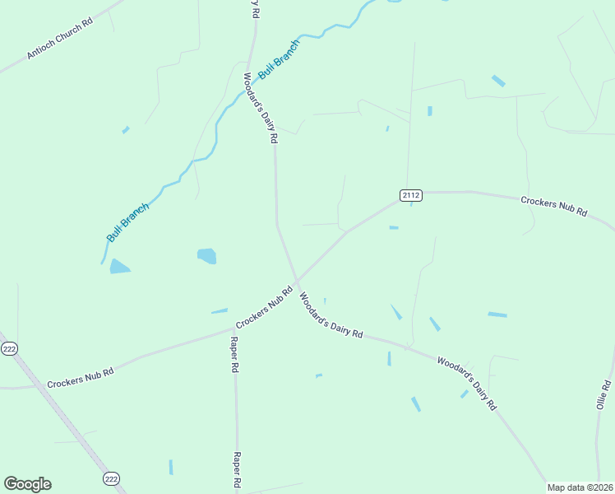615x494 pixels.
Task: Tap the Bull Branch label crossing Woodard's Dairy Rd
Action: pyautogui.click(x=280, y=59)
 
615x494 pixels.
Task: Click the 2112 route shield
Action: pyautogui.click(x=411, y=195)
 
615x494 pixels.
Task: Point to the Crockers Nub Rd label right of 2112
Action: pyautogui.click(x=554, y=206)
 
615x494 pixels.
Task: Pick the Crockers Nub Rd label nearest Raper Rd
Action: pyautogui.click(x=265, y=308)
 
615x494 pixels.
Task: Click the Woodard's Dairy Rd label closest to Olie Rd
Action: pyautogui.click(x=466, y=383)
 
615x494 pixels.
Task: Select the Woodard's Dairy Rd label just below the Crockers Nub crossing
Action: pyautogui.click(x=331, y=315)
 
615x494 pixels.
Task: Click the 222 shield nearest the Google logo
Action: pyautogui.click(x=112, y=478)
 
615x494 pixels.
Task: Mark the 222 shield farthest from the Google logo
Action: pyautogui.click(x=9, y=349)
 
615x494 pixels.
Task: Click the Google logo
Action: pyautogui.click(x=27, y=484)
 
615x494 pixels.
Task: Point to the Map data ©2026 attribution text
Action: pyautogui.click(x=579, y=487)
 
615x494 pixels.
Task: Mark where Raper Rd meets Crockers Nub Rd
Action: pyautogui.click(x=234, y=329)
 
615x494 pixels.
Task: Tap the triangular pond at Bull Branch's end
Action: pyautogui.click(x=119, y=266)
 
